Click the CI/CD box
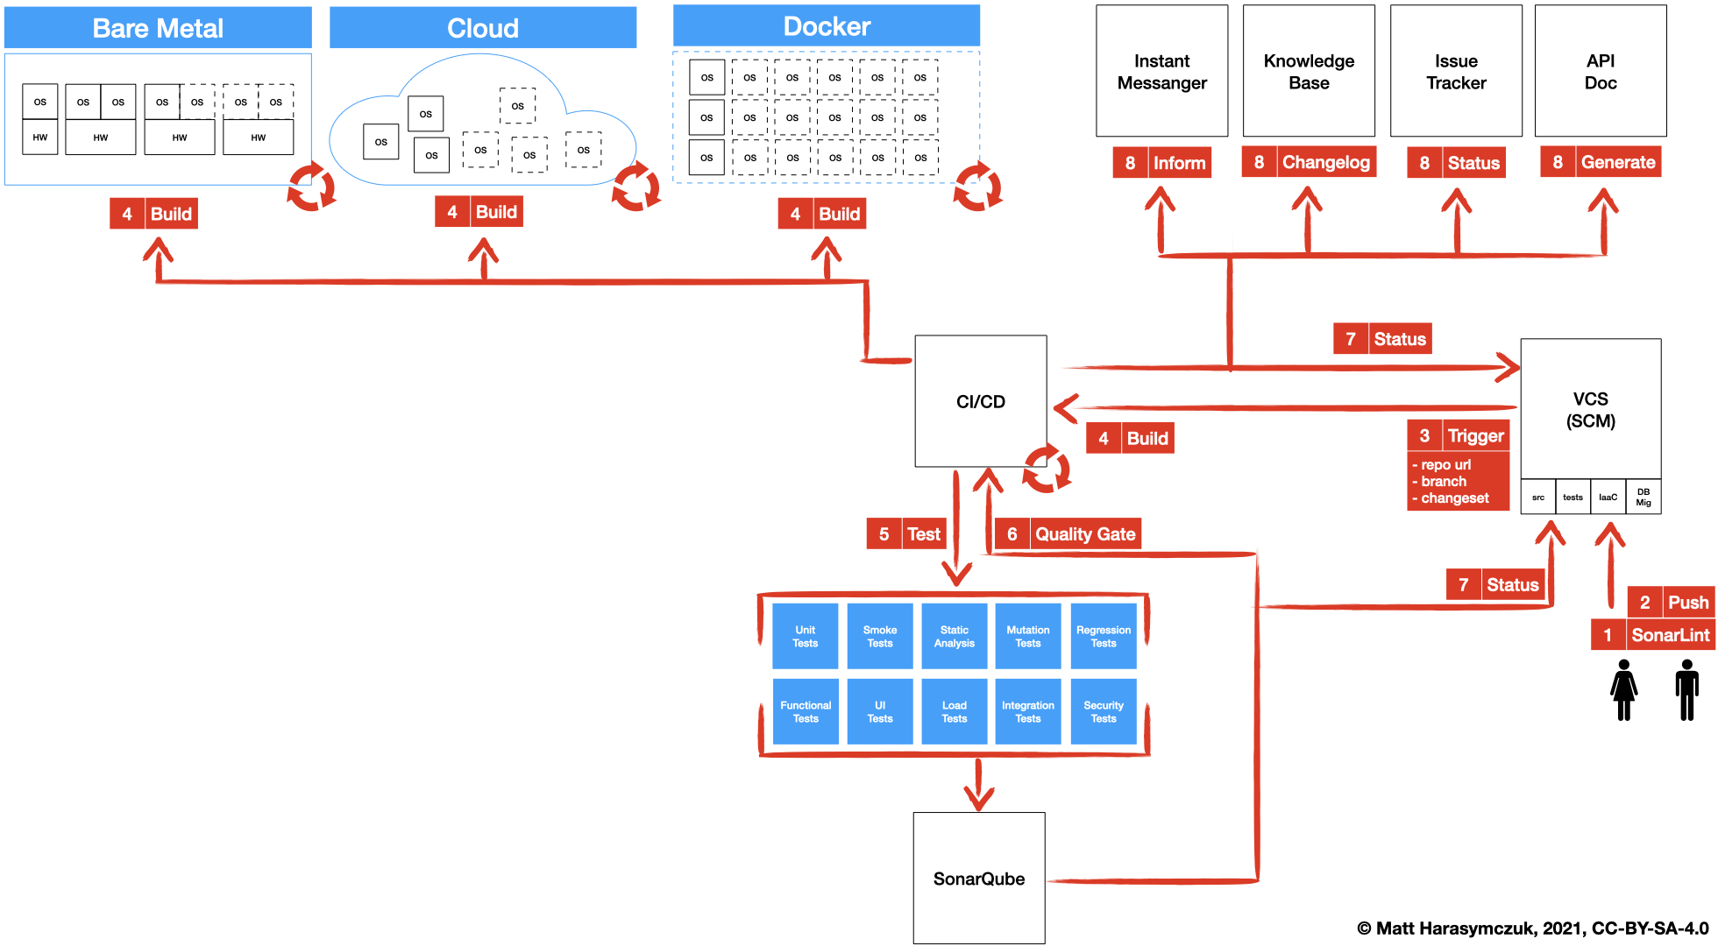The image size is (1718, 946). (980, 401)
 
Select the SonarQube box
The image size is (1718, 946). (978, 878)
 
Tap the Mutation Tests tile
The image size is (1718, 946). (1028, 637)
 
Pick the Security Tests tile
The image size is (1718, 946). (1103, 711)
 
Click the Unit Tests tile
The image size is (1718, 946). (805, 637)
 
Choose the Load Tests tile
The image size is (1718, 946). (954, 711)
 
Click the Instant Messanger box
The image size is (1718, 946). (1161, 72)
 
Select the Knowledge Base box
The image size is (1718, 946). (1309, 72)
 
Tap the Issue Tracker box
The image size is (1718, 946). (1456, 72)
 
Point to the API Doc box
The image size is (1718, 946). (1601, 72)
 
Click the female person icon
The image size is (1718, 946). (1623, 690)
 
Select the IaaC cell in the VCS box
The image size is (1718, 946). (1608, 497)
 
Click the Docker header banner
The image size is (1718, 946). (826, 26)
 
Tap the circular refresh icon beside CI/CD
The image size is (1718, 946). (1047, 469)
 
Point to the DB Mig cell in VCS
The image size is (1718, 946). (1643, 497)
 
